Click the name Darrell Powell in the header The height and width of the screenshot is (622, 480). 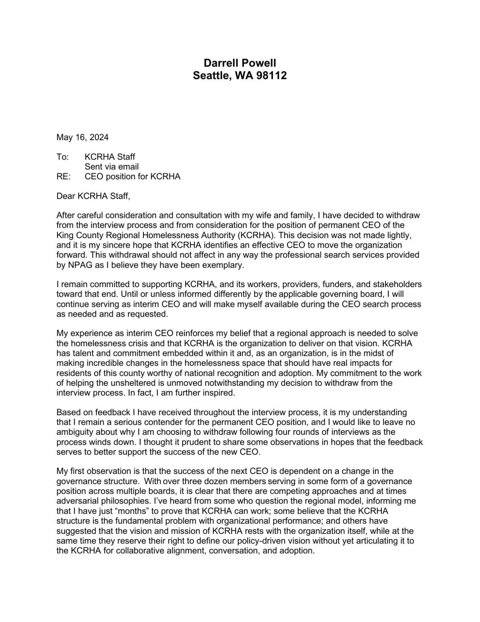pos(240,63)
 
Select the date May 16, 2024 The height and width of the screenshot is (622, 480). pos(82,137)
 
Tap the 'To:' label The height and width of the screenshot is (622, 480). pos(62,157)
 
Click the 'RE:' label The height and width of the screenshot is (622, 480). pos(63,177)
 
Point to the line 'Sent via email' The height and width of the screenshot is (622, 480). pos(112,167)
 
